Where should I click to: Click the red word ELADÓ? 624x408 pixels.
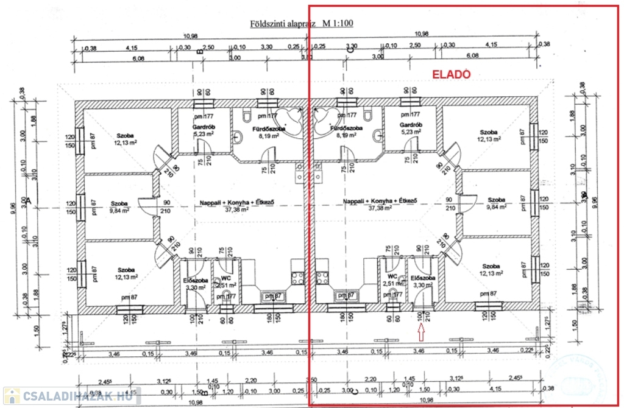(x=452, y=74)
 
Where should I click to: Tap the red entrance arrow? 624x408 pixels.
(x=420, y=331)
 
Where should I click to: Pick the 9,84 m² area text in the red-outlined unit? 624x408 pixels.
(x=497, y=208)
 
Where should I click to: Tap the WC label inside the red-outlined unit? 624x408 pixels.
(x=389, y=276)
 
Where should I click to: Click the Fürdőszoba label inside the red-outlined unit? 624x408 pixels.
(x=346, y=130)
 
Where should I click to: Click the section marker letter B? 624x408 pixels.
(x=199, y=53)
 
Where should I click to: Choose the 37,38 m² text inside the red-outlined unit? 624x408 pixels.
(x=380, y=208)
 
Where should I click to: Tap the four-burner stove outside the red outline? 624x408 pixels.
(x=297, y=277)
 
